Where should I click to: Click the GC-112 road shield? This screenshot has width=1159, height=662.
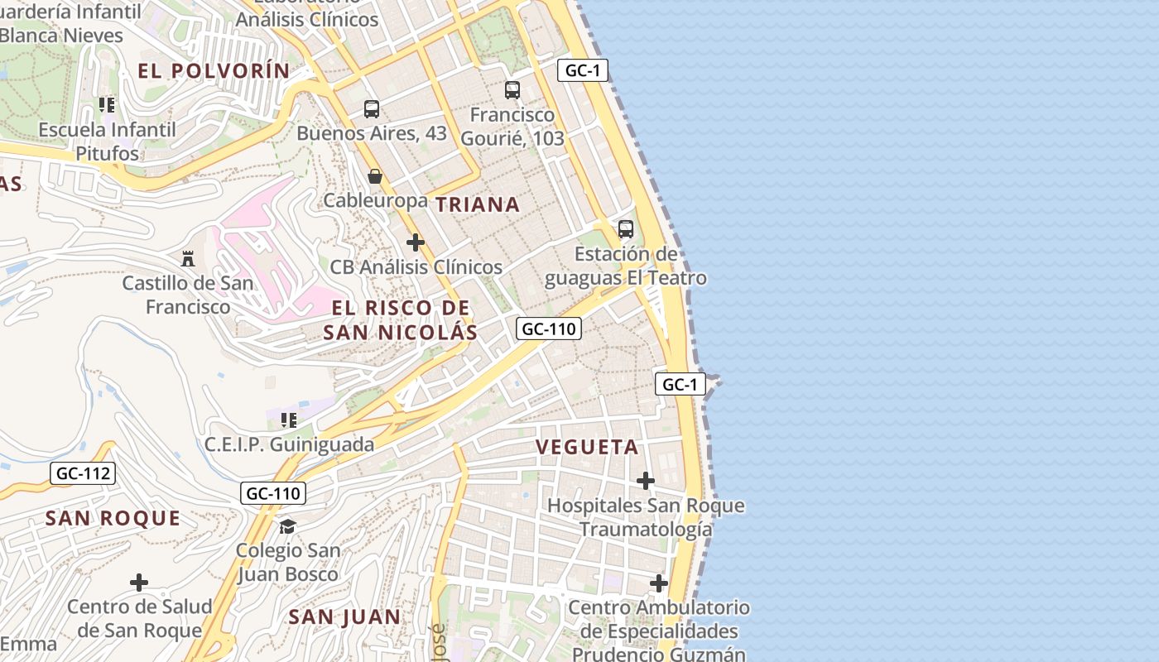click(82, 474)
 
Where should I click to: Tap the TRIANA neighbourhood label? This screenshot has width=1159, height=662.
click(478, 204)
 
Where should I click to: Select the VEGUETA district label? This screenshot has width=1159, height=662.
click(587, 447)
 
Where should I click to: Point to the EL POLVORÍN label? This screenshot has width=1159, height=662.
click(214, 71)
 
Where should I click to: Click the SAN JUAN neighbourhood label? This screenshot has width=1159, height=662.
click(344, 616)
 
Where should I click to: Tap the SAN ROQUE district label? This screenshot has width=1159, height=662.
click(113, 519)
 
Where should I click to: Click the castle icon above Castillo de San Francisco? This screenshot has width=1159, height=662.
click(188, 259)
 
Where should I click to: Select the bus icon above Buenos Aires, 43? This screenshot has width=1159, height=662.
click(372, 109)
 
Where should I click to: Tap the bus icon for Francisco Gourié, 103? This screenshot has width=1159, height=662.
click(512, 90)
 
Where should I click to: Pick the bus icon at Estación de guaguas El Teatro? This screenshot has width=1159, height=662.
click(626, 229)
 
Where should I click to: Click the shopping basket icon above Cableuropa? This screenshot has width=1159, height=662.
click(375, 176)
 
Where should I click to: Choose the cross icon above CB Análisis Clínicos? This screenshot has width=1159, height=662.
click(416, 242)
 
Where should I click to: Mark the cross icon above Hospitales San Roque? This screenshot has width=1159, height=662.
click(646, 481)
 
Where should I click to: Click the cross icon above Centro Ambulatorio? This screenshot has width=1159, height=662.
click(659, 583)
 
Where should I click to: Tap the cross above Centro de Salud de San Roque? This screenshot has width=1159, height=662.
click(139, 583)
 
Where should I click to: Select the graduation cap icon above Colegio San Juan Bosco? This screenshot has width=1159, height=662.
click(287, 526)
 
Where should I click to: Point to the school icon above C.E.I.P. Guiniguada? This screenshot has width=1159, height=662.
click(289, 420)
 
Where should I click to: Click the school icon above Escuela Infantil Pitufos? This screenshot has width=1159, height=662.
click(107, 105)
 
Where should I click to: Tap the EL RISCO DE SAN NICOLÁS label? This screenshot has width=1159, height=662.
click(401, 320)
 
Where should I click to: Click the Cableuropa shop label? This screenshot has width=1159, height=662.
click(375, 200)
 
